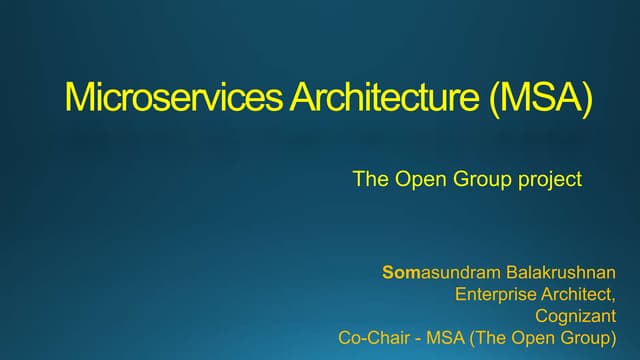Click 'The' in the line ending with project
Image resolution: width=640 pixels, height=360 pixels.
369,181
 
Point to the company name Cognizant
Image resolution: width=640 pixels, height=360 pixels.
575,316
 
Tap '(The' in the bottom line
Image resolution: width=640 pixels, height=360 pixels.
489,338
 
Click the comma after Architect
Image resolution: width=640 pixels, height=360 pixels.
613,299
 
